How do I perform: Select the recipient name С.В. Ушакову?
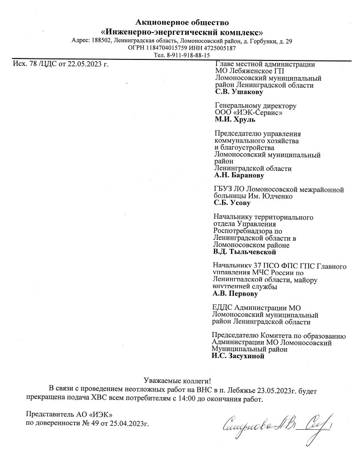(x=239, y=93)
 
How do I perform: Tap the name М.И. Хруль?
(x=235, y=120)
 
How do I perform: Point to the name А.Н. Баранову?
(x=239, y=176)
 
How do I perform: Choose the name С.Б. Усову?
(x=232, y=203)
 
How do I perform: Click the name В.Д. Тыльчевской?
(x=245, y=251)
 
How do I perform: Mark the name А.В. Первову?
(x=236, y=293)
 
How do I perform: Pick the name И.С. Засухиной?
(x=238, y=355)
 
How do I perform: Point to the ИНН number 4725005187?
(x=220, y=48)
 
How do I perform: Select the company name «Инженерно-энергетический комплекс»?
(x=182, y=31)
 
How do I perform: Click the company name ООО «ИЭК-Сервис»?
(x=248, y=113)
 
